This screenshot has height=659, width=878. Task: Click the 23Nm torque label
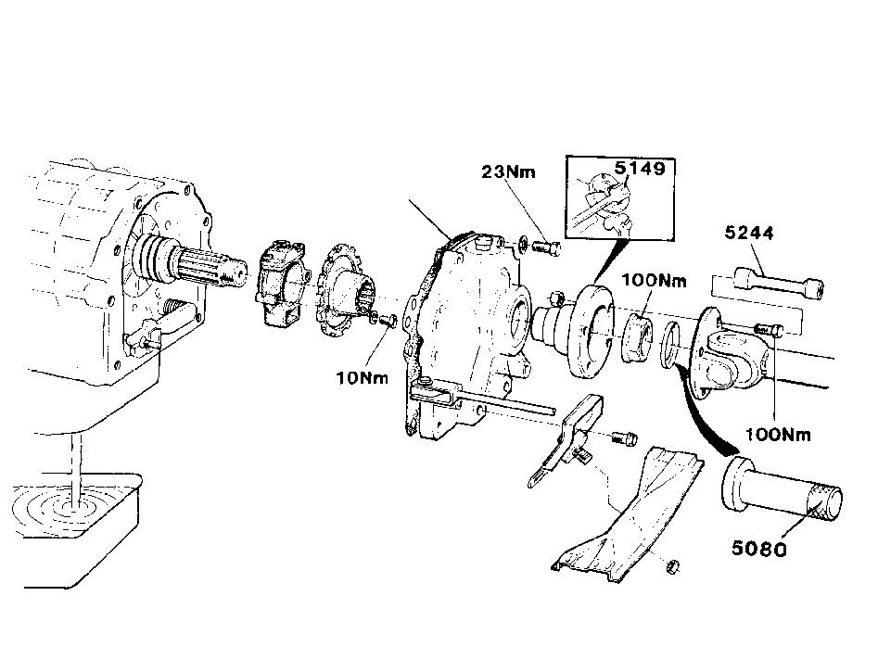coord(508,171)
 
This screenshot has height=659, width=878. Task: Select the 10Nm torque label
coord(362,378)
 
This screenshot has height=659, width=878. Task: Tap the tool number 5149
coord(640,168)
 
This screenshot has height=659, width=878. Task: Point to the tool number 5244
coord(748,233)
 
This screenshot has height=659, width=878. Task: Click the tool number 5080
coord(759,549)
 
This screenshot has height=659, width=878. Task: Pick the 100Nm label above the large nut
coord(654,280)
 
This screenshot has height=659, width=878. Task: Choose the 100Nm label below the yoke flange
coord(778,434)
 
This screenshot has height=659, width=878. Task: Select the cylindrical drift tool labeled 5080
coord(783,491)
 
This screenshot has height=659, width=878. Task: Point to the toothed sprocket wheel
coord(343,295)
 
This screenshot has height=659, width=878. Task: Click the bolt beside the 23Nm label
coord(546,247)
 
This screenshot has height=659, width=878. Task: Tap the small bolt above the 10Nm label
coord(387,321)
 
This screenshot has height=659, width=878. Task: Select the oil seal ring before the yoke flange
coord(671,346)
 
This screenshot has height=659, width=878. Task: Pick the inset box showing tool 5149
coord(620,198)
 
